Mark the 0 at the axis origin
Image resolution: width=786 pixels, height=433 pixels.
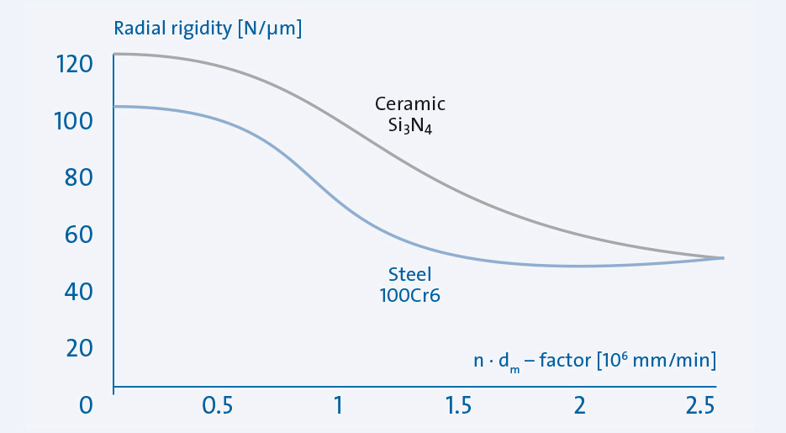[x=84, y=405]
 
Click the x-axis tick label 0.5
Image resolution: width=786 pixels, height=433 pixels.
[x=217, y=405]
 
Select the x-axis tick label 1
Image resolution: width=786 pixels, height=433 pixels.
[x=338, y=405]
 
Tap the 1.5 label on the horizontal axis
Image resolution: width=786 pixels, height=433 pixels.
[x=459, y=405]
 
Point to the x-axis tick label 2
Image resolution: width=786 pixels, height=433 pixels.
[x=578, y=405]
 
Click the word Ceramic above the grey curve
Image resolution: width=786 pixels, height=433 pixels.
[x=410, y=104]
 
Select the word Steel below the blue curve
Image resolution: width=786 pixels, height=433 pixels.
[x=409, y=274]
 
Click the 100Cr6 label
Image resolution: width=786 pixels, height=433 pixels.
[x=409, y=295]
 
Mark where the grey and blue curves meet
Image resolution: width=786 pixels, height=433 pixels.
[x=721, y=257]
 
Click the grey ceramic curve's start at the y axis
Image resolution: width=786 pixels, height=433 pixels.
[x=115, y=54]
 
